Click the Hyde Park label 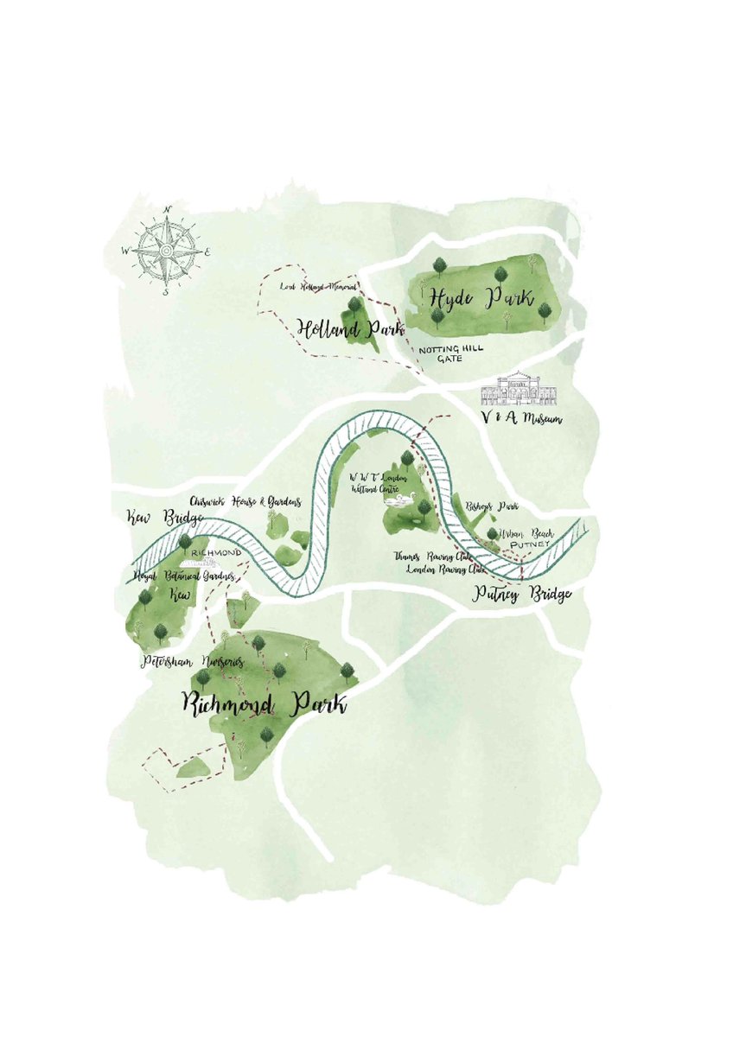[x=480, y=298]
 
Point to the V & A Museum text [x=521, y=420]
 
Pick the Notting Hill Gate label [x=450, y=354]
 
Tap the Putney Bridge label [x=522, y=595]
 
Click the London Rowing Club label [x=445, y=570]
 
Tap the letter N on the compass [x=167, y=210]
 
